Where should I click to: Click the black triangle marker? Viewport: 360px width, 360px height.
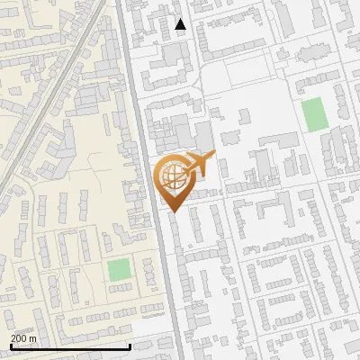click(x=181, y=24)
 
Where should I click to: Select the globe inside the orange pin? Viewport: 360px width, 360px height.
click(x=171, y=175)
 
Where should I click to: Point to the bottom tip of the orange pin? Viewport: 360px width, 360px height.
click(x=171, y=212)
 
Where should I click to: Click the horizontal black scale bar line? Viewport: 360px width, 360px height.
click(x=70, y=346)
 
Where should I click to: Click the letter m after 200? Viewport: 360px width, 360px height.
click(x=34, y=337)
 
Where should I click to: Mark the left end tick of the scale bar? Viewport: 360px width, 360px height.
click(x=10, y=345)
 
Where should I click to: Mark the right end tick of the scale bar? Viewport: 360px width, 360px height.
click(x=130, y=345)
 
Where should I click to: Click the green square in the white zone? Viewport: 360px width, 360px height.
click(x=313, y=114)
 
